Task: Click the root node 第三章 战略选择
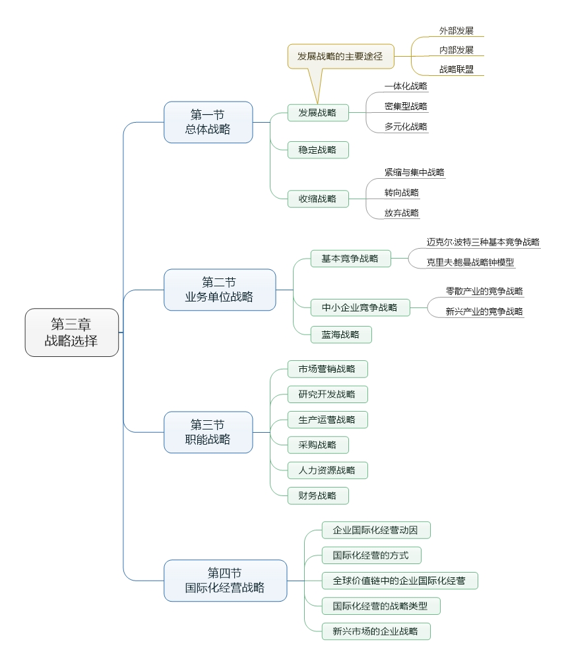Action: coord(72,332)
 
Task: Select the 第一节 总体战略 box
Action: coord(208,122)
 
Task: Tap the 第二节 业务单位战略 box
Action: coord(219,290)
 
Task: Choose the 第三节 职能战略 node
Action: coord(208,432)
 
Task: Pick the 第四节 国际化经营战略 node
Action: coord(225,581)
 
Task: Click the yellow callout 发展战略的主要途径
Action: coord(340,57)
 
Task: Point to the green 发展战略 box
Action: coord(317,113)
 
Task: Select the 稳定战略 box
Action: coord(317,150)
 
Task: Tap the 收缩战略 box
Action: coord(317,199)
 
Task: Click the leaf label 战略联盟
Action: coord(456,69)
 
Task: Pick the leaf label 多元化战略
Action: coord(406,126)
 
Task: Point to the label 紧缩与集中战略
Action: coord(414,172)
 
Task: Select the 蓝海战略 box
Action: coord(341,334)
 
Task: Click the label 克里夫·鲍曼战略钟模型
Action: coord(470,262)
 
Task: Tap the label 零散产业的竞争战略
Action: coord(484,291)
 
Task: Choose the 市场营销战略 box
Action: coord(327,369)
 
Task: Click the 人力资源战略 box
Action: coord(327,470)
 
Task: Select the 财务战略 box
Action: coord(317,495)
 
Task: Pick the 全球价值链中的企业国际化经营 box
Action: coord(399,581)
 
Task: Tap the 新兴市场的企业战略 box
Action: coord(375,631)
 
